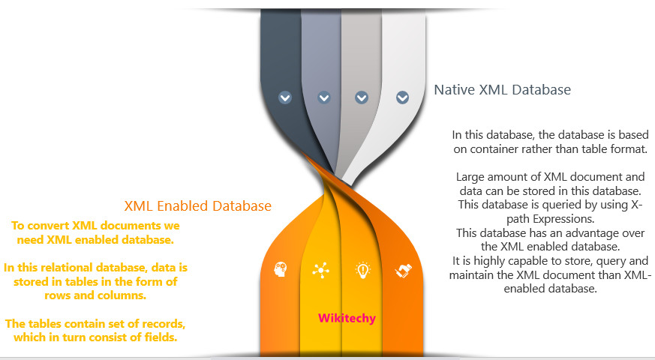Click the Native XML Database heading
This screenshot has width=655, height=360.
tap(502, 90)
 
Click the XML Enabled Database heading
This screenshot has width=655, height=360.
tap(197, 206)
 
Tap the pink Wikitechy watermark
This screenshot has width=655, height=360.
tap(347, 318)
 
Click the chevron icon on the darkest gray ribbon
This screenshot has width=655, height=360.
tap(285, 97)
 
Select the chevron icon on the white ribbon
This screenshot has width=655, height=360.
tap(402, 97)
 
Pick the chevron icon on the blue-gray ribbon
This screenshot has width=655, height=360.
tap(323, 97)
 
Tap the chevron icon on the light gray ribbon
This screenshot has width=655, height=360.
tap(362, 97)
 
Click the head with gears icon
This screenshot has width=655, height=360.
tap(281, 269)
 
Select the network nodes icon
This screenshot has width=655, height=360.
tap(321, 270)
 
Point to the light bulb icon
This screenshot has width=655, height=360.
tap(362, 270)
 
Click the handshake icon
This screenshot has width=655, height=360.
tap(404, 271)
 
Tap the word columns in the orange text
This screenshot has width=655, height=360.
tap(126, 295)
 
